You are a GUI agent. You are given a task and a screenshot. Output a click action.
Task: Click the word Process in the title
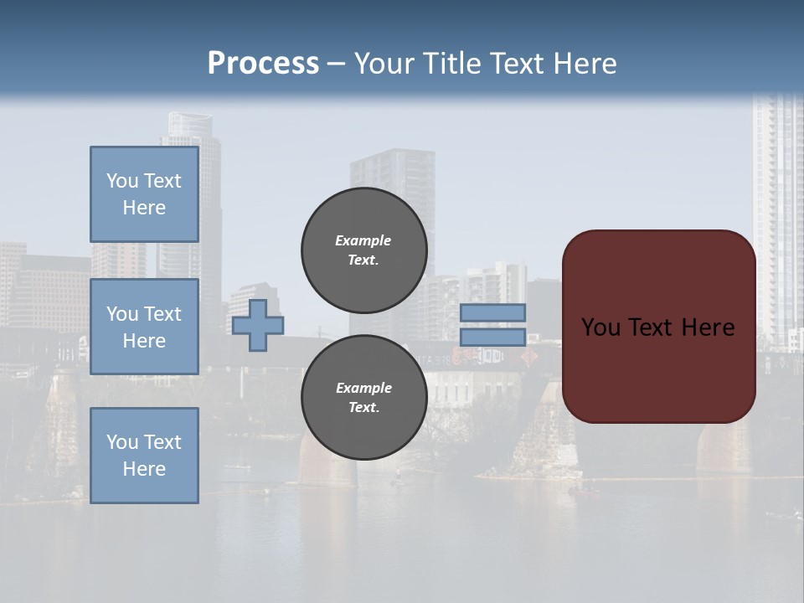(263, 64)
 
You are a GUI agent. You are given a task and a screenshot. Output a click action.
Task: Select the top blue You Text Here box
(144, 194)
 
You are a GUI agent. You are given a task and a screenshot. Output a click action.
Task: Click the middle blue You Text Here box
(144, 327)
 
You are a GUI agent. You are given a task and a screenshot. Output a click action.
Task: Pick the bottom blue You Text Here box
(144, 456)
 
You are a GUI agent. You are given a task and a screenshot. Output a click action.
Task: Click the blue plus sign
(258, 326)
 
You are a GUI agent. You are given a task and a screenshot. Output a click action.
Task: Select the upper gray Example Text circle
(363, 250)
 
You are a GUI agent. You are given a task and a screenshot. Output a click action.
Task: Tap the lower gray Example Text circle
(363, 397)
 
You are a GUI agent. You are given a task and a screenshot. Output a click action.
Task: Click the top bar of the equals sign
(493, 312)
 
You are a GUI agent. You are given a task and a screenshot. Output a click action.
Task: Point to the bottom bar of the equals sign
(493, 337)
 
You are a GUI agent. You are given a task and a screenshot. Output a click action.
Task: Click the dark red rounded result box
(658, 368)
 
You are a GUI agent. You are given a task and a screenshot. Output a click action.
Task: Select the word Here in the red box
(705, 327)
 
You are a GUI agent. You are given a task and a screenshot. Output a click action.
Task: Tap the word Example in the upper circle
(363, 240)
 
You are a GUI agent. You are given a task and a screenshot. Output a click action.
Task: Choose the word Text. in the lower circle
(363, 408)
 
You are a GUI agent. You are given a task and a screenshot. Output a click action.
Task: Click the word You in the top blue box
(121, 181)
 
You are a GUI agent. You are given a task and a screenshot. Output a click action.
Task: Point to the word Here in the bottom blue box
(144, 469)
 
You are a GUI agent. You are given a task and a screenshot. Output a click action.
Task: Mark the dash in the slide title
(336, 64)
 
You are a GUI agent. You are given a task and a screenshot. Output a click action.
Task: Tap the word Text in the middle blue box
(162, 314)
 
